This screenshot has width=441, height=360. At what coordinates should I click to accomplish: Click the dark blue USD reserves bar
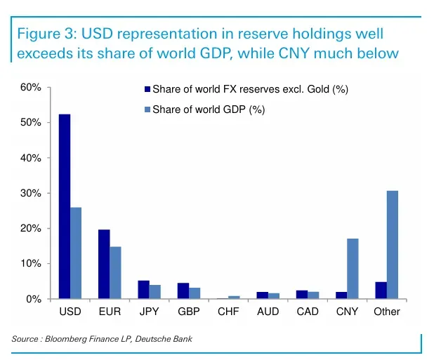tap(65, 206)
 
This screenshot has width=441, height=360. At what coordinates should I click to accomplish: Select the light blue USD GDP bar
tap(76, 253)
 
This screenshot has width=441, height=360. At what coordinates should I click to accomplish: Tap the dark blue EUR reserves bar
tap(104, 264)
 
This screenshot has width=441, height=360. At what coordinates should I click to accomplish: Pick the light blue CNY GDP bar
tap(353, 268)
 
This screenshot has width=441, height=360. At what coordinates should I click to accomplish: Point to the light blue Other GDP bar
tap(393, 244)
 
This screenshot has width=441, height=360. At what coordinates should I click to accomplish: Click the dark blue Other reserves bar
tap(381, 290)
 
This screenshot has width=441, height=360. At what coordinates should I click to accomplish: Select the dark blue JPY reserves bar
tap(144, 289)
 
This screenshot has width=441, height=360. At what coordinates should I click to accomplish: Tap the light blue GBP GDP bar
tap(195, 293)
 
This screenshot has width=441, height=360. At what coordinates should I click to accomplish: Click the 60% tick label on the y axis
tap(31, 88)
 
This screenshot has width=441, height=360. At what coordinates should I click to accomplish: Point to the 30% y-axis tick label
tap(31, 194)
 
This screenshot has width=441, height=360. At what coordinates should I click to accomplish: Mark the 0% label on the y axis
tap(34, 299)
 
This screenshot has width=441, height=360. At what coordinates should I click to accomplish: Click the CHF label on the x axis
tap(228, 312)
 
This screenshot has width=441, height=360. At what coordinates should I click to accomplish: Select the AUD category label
tap(268, 312)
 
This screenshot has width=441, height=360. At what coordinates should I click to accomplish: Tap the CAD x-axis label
tap(308, 312)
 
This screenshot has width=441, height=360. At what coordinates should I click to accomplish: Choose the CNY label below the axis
tap(347, 312)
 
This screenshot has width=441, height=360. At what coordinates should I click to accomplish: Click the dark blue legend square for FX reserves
tap(147, 89)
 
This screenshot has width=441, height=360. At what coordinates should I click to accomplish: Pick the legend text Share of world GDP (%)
tap(209, 109)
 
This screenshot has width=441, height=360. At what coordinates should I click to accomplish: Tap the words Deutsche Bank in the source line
tap(164, 339)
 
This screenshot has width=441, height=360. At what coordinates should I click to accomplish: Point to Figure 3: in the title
tap(46, 34)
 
